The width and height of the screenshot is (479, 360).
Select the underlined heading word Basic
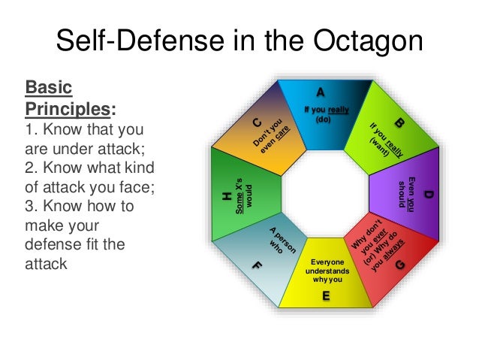pyautogui.click(x=47, y=88)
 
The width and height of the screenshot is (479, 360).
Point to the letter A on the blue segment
pyautogui.click(x=321, y=92)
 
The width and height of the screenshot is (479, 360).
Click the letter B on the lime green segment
pyautogui.click(x=400, y=122)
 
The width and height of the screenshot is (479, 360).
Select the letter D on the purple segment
pyautogui.click(x=429, y=195)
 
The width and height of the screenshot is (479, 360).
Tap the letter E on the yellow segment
pyautogui.click(x=326, y=296)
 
